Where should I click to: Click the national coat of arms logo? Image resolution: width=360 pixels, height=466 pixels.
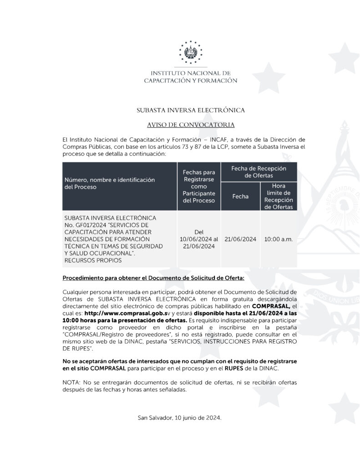click(191, 52)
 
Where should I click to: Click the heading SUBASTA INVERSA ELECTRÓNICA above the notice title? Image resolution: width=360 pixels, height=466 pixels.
click(191, 110)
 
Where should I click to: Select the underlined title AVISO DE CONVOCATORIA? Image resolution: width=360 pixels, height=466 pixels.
click(191, 124)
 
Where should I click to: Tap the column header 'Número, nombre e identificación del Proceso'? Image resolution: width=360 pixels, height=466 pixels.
click(109, 183)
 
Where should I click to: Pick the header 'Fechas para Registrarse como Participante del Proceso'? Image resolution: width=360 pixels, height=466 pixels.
click(198, 186)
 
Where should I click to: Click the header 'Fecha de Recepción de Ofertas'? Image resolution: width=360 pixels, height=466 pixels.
click(259, 172)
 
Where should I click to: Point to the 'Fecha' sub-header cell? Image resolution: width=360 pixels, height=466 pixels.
click(240, 196)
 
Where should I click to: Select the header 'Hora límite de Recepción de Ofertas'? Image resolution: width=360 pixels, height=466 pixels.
click(279, 196)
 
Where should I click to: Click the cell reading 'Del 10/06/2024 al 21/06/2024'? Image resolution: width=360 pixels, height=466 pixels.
click(198, 239)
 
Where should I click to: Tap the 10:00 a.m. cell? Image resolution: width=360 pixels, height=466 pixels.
click(279, 239)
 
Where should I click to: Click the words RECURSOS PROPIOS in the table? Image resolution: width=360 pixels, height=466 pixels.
click(93, 261)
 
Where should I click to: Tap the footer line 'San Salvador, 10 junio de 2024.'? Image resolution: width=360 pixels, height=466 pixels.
click(180, 417)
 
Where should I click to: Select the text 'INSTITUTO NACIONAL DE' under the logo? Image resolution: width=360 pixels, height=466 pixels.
click(191, 72)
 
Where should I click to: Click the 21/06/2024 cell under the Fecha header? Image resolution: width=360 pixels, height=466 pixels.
click(240, 239)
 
